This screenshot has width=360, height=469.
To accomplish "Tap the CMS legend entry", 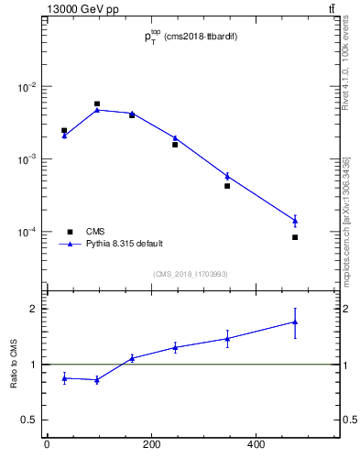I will pos(95,232).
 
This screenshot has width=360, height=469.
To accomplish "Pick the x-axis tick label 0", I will pos(46,446).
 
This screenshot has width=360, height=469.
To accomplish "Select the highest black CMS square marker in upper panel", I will pos(97,104).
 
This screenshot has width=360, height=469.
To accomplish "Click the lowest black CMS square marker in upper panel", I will pos(295,237).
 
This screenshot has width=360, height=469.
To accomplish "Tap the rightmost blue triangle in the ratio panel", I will pos(295,322).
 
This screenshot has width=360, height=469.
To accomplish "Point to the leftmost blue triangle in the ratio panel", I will pos(64,377).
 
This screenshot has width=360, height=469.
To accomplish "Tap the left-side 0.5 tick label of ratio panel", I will pos(30,420).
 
